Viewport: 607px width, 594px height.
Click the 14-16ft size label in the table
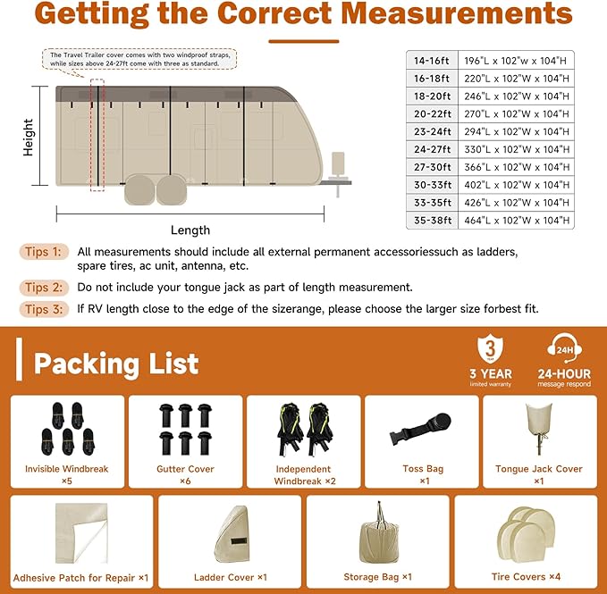click(x=433, y=60)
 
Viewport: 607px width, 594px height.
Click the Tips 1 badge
click(x=44, y=252)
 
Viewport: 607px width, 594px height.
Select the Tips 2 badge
click(x=44, y=288)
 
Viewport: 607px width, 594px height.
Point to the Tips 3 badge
click(x=44, y=309)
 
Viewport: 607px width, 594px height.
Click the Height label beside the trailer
click(x=29, y=138)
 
